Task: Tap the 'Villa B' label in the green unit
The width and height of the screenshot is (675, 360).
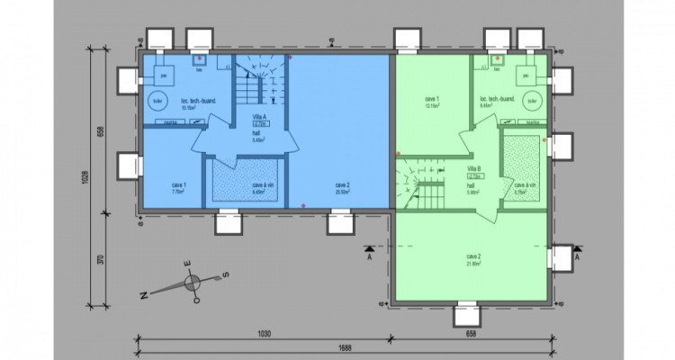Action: coord(472,168)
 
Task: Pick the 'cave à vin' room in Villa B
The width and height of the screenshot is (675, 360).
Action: coord(525,186)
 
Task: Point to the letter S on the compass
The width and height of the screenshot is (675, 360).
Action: coord(229,274)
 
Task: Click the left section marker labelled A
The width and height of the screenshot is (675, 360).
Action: coord(368,255)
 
